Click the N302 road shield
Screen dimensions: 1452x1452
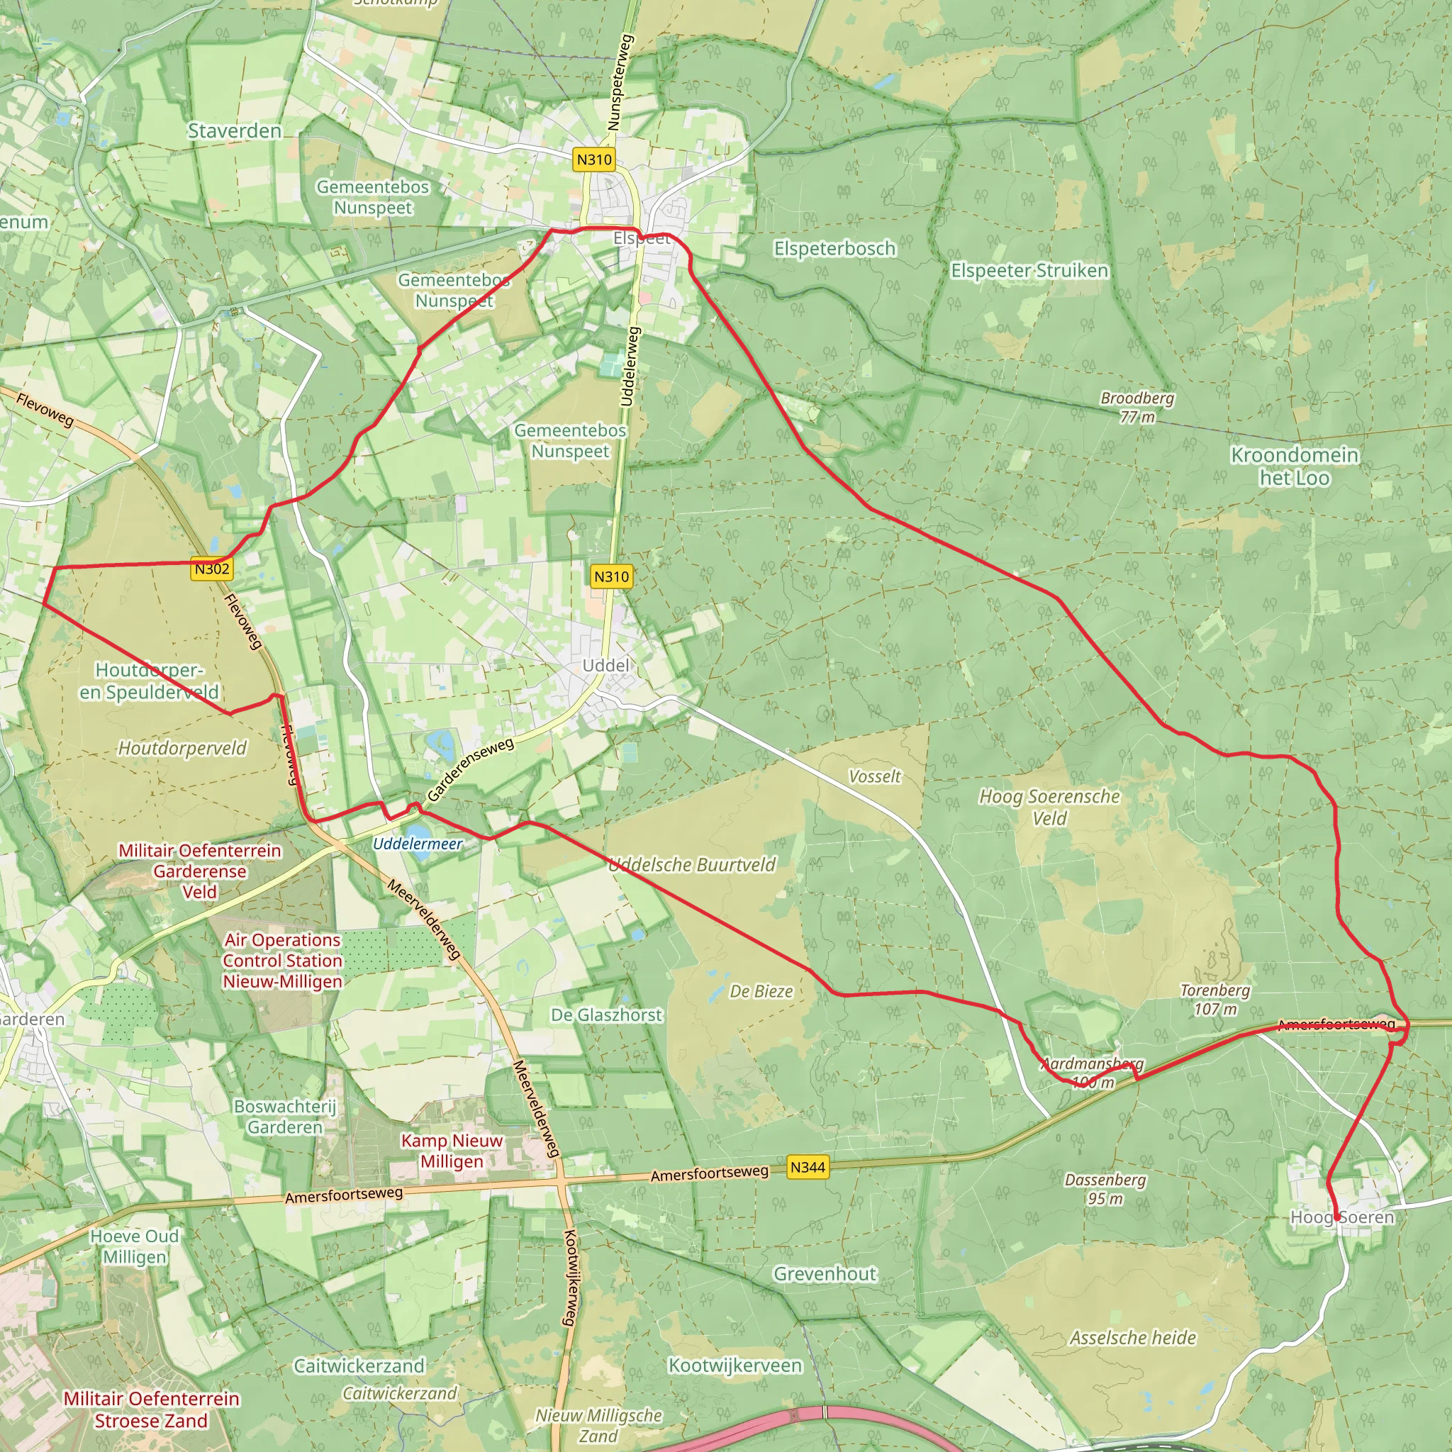click(x=212, y=569)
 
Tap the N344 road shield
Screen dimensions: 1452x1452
click(x=808, y=1167)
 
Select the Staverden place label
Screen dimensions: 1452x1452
click(x=235, y=130)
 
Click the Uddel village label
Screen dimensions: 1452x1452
click(x=605, y=665)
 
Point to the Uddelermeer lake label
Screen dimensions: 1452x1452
click(x=418, y=843)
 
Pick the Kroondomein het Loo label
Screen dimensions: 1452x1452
click(x=1294, y=466)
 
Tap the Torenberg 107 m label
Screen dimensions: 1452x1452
click(x=1214, y=1000)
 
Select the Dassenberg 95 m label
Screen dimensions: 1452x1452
click(x=1105, y=1188)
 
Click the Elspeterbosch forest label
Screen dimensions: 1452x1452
click(x=834, y=248)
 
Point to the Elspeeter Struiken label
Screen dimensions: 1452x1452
click(x=1029, y=271)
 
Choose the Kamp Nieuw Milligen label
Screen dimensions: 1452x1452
click(x=452, y=1151)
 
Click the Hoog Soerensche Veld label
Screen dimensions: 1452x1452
click(x=1049, y=806)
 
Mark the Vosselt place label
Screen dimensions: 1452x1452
click(x=874, y=776)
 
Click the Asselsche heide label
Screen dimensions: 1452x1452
click(x=1132, y=1338)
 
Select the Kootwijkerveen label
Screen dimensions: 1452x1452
click(x=735, y=1366)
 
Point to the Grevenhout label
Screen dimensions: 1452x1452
click(x=825, y=1274)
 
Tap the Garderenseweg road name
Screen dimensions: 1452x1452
click(x=471, y=769)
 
